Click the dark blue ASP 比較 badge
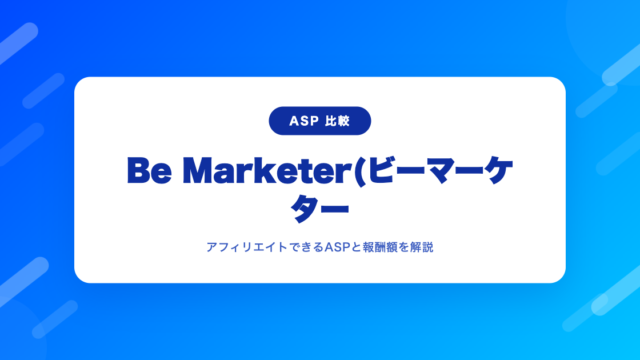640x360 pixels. [x=320, y=121]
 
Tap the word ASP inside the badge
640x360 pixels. [x=304, y=121]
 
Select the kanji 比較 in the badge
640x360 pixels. [x=338, y=121]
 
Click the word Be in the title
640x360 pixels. [x=149, y=171]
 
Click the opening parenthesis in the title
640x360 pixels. [x=360, y=171]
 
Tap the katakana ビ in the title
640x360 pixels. [x=382, y=170]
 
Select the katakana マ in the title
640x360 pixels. [x=440, y=171]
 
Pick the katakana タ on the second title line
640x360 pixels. [x=304, y=208]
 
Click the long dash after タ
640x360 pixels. [x=335, y=209]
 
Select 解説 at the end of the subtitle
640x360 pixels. [x=422, y=247]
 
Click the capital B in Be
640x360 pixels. [x=139, y=171]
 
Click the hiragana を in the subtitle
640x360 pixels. [x=404, y=247]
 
